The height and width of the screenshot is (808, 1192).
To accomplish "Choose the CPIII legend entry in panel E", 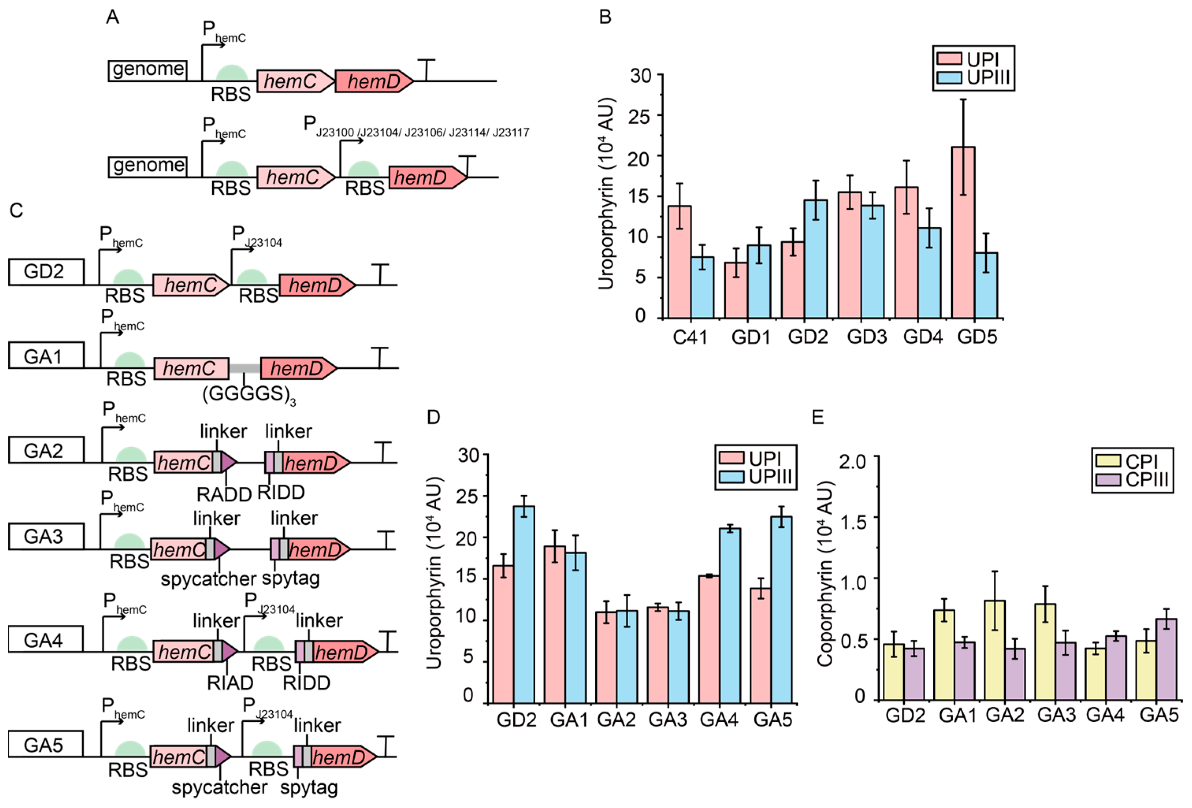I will pyautogui.click(x=1133, y=480).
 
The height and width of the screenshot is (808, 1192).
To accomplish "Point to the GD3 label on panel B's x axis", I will pyautogui.click(x=866, y=337).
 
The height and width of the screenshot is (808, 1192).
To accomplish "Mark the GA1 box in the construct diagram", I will pyautogui.click(x=46, y=355).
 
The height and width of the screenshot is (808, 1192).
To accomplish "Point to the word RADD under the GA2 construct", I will pyautogui.click(x=224, y=494).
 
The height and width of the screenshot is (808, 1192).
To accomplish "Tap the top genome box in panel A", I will pyautogui.click(x=148, y=70).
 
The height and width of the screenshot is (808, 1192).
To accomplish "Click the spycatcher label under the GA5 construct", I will pyautogui.click(x=219, y=788).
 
